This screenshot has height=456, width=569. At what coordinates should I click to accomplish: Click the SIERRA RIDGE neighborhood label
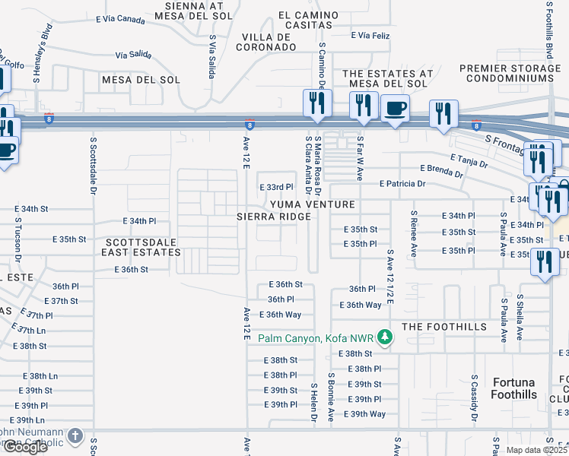point(275,217)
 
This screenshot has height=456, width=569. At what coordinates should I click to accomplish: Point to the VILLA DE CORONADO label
point(269,42)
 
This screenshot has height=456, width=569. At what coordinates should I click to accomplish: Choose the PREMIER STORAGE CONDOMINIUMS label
point(510,73)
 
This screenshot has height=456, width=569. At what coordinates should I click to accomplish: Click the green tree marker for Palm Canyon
point(386,337)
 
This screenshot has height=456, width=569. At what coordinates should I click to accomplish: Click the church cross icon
point(75,436)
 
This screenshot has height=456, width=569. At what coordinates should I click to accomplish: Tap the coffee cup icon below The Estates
point(394,108)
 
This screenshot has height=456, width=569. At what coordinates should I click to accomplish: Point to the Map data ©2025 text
point(536,450)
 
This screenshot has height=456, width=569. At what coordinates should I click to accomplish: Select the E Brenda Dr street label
point(441,171)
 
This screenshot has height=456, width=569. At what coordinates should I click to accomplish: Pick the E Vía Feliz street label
point(370,35)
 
